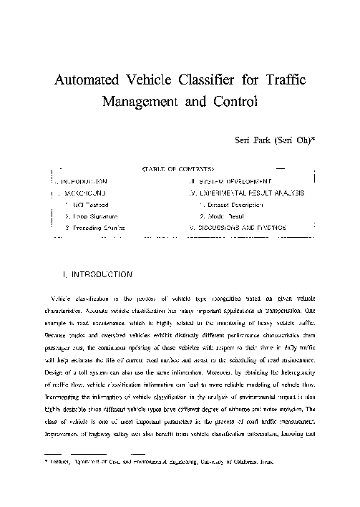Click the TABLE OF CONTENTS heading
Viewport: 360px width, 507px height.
click(x=178, y=170)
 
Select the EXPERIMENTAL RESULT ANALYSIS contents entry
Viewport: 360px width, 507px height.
click(x=250, y=193)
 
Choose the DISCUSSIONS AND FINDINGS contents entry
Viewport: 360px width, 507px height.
click(x=240, y=227)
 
